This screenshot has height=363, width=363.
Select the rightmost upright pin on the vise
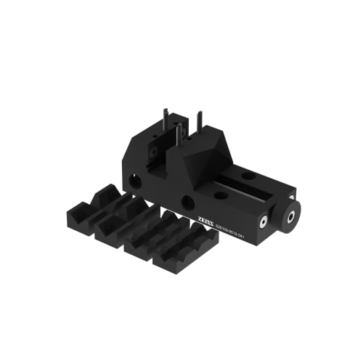pyautogui.click(x=198, y=123)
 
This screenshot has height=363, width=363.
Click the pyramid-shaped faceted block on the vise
pyautogui.click(x=203, y=155)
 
